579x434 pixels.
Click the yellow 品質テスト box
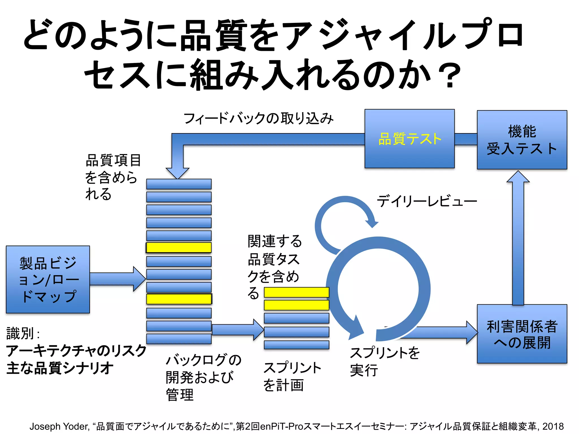pyautogui.click(x=409, y=139)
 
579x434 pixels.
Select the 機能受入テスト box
pyautogui.click(x=522, y=140)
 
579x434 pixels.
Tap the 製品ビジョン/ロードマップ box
pyautogui.click(x=48, y=279)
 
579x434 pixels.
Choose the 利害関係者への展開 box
pyautogui.click(x=522, y=334)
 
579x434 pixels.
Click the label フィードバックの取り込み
pyautogui.click(x=258, y=118)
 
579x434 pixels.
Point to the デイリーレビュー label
pyautogui.click(x=427, y=201)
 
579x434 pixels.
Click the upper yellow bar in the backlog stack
pyautogui.click(x=179, y=248)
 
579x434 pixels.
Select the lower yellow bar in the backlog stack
pyautogui.click(x=179, y=299)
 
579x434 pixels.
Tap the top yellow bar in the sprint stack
pyautogui.click(x=296, y=292)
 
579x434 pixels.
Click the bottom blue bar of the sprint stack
pyautogui.click(x=296, y=345)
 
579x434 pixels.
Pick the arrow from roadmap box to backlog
pyautogui.click(x=117, y=279)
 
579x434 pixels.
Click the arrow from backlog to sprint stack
pyautogui.click(x=237, y=330)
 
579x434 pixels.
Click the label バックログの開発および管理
pyautogui.click(x=203, y=377)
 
